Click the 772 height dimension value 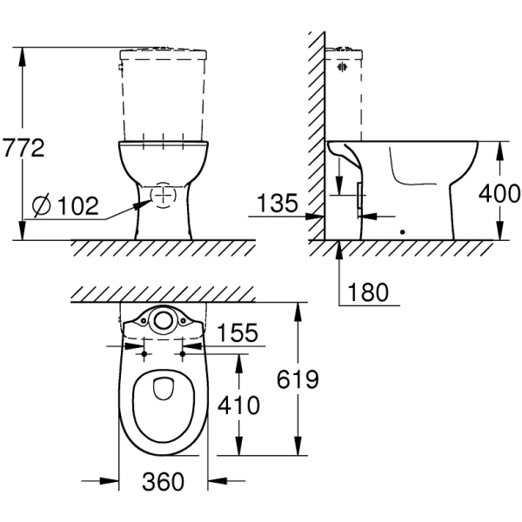click(23, 148)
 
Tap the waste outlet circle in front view click(163, 195)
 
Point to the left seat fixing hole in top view click(143, 355)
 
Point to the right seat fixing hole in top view click(184, 355)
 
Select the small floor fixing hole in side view click(401, 232)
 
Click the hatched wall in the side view click(316, 130)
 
